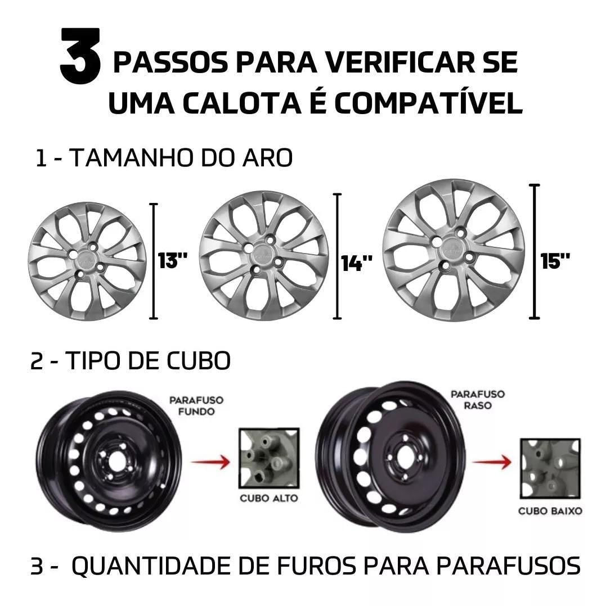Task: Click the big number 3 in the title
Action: point(80,56)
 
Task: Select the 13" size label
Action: point(173,260)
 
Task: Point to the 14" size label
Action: point(357,263)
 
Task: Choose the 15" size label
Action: point(555,261)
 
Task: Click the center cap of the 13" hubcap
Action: point(87,261)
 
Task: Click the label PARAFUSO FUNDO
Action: point(196,405)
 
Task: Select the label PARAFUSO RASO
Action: point(478,400)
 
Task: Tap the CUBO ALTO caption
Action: point(269,498)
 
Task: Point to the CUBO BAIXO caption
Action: point(550,510)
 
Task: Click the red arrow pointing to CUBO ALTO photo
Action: point(210,462)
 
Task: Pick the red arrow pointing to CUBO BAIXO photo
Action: point(492,462)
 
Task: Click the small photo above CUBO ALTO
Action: point(269,458)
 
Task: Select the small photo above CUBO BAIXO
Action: point(550,468)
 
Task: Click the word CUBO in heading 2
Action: point(199,361)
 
